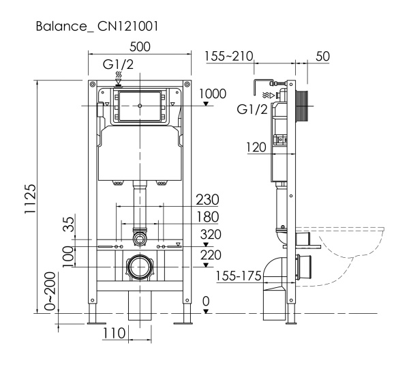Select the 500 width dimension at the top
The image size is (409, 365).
140,48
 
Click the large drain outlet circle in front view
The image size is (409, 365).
140,267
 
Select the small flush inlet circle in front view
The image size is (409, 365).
140,238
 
